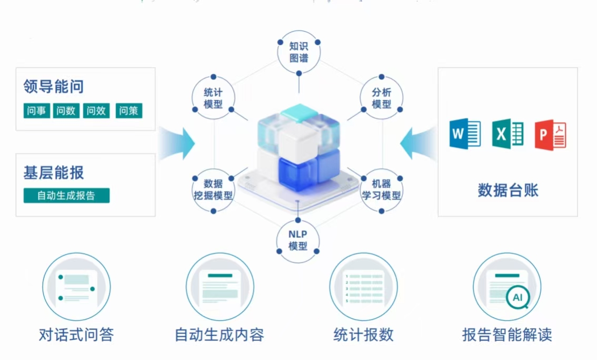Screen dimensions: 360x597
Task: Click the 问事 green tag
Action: click(x=37, y=111)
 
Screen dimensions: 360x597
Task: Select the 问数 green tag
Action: click(x=66, y=111)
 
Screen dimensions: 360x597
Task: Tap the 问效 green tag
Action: click(x=96, y=111)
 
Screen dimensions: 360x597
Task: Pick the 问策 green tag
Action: click(x=128, y=111)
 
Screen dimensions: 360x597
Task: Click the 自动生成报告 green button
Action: click(x=66, y=196)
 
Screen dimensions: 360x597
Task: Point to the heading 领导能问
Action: click(x=54, y=86)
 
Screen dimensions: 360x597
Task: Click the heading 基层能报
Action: click(x=54, y=172)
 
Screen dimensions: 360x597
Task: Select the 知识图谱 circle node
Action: click(x=299, y=52)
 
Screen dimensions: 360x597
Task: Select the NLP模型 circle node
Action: click(x=298, y=240)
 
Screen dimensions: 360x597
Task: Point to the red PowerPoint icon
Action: click(x=550, y=135)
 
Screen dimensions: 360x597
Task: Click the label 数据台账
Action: click(x=508, y=190)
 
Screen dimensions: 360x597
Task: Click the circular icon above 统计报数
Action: click(x=363, y=287)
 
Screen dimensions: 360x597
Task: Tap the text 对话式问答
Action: click(x=76, y=335)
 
